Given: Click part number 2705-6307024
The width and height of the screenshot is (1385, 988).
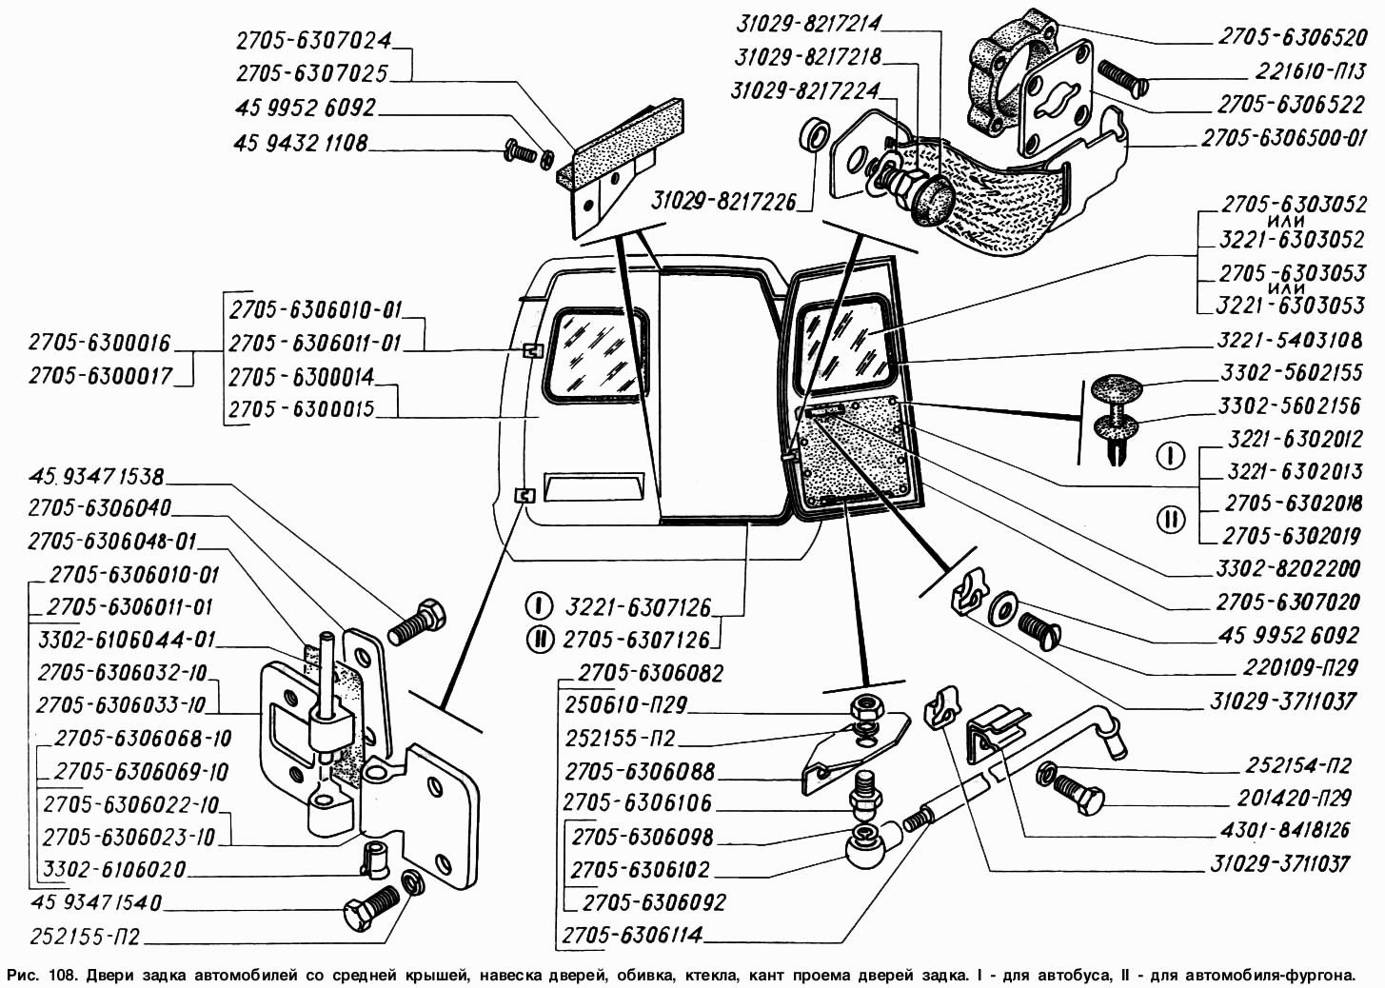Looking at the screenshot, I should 313,41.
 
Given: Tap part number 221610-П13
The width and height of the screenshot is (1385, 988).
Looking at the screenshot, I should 1296,72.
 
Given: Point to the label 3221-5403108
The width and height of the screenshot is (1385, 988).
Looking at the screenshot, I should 1290,340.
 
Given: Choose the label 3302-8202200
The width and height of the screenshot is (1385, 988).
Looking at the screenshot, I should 1289,569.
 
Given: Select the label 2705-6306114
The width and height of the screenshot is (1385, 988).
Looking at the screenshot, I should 634,935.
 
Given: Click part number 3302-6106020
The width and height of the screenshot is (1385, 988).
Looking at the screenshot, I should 114,870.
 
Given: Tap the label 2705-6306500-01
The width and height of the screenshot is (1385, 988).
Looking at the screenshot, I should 1283,138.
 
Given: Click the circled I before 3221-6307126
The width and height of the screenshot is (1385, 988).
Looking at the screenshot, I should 540,605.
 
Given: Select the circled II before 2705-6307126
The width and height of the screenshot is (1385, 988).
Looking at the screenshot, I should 540,639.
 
